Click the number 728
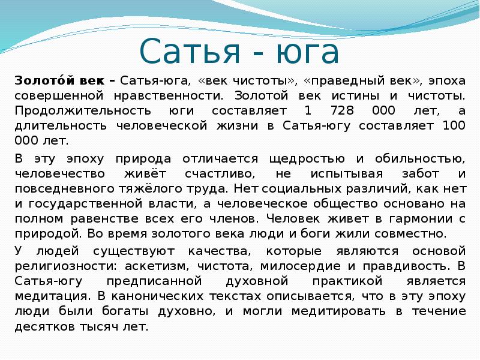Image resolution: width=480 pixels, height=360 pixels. pyautogui.click(x=327, y=111)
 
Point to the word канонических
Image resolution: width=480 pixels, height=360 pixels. pyautogui.click(x=164, y=296)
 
